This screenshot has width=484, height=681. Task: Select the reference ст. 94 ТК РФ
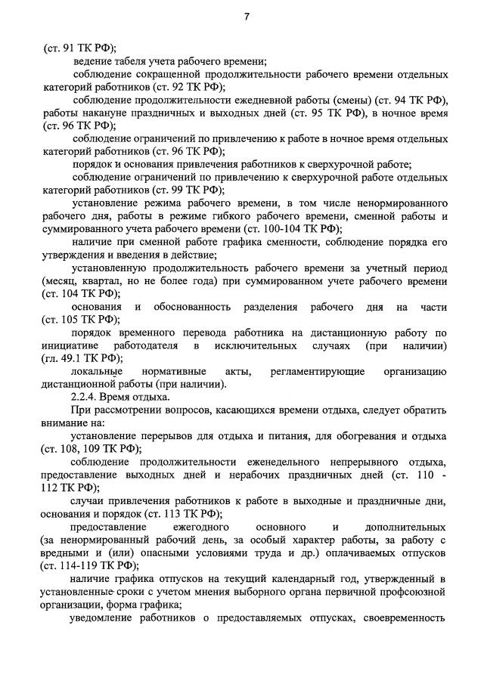pyautogui.click(x=417, y=101)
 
